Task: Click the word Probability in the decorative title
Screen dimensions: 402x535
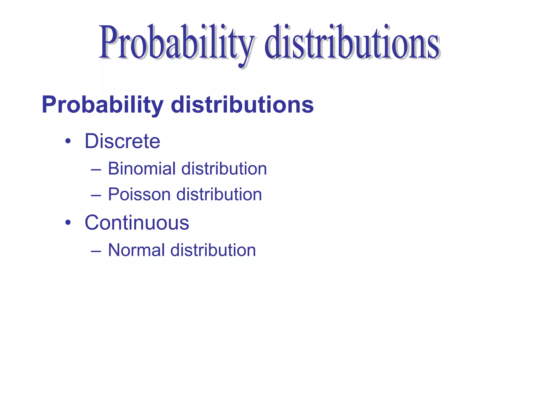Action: [x=175, y=43]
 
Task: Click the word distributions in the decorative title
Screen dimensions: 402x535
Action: [x=351, y=43]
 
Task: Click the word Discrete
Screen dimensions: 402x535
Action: [x=122, y=141]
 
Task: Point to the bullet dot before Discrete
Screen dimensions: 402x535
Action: [x=68, y=142]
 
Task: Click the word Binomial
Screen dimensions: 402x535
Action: [x=142, y=169]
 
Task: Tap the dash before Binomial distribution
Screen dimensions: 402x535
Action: [x=96, y=170]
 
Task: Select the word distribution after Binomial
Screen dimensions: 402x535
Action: [x=224, y=169]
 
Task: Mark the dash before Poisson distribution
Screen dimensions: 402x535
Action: [x=96, y=196]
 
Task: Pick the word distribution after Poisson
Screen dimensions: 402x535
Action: [x=219, y=194]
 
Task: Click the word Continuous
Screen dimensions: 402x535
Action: [x=137, y=223]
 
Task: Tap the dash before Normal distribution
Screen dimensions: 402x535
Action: [x=96, y=251]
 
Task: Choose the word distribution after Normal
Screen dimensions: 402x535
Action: [x=213, y=250]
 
